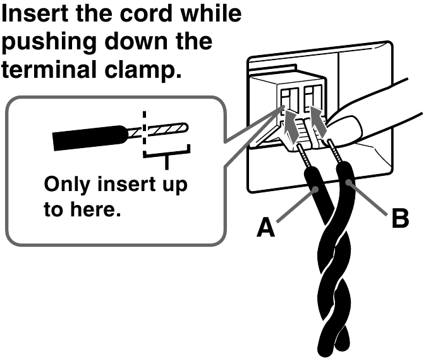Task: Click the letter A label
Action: tap(265, 227)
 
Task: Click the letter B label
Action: tap(400, 218)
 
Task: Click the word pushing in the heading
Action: tap(49, 42)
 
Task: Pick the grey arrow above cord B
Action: tap(318, 121)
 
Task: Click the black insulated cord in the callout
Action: tap(90, 138)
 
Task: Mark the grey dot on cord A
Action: tap(315, 189)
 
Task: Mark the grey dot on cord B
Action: tap(349, 182)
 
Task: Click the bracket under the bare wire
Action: tap(166, 154)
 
